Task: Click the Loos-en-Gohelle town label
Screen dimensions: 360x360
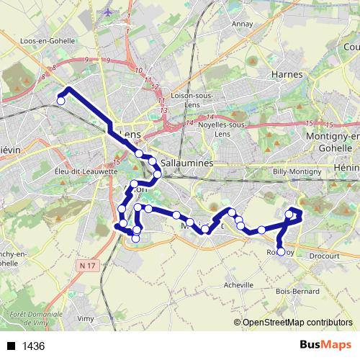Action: pos(48,41)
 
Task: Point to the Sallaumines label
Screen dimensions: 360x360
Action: pos(187,163)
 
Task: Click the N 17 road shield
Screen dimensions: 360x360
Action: pos(88,266)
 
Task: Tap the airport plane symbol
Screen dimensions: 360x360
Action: pos(108,13)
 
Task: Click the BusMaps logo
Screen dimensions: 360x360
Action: pos(325,345)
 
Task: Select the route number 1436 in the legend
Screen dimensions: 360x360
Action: pos(34,346)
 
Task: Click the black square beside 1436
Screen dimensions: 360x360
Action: pos(12,346)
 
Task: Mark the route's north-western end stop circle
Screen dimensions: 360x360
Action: pos(61,102)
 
